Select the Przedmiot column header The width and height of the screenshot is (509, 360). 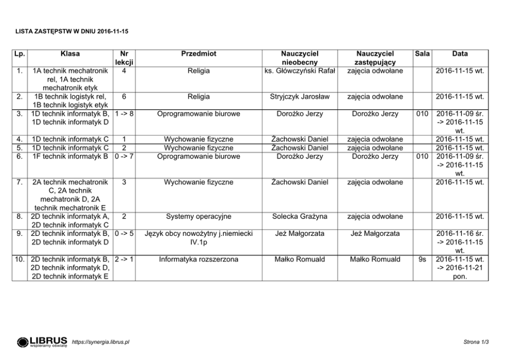click(x=199, y=53)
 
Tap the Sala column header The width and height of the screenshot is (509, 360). click(x=422, y=53)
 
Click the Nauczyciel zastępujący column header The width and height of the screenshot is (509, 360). click(x=375, y=57)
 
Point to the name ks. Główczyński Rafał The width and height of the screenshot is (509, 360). click(x=300, y=70)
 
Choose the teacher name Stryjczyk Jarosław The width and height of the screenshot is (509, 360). click(x=300, y=96)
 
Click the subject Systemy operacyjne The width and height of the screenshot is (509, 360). click(x=199, y=216)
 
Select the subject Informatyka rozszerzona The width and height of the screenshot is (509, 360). click(x=199, y=259)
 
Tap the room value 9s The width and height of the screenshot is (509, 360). click(x=422, y=259)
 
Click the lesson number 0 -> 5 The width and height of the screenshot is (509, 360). click(x=125, y=233)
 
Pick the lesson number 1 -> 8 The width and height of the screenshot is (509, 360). click(x=125, y=114)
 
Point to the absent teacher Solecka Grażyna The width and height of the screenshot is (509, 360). click(x=300, y=216)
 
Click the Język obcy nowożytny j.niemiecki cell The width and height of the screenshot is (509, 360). click(x=199, y=237)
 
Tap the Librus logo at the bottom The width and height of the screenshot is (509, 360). click(x=42, y=342)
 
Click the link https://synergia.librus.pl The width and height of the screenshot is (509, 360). click(x=101, y=342)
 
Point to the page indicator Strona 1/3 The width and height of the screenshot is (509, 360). click(x=476, y=342)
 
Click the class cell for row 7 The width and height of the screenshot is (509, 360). click(x=70, y=194)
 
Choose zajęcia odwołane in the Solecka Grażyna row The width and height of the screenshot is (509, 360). click(x=375, y=216)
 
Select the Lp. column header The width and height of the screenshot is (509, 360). click(x=21, y=53)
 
